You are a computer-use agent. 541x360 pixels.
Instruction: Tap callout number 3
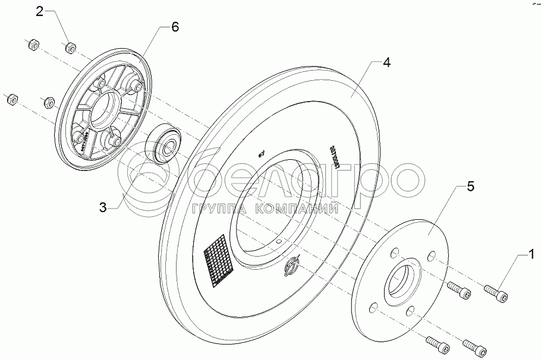pos(103,207)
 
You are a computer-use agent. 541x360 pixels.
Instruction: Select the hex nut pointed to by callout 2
pos(71,46)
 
